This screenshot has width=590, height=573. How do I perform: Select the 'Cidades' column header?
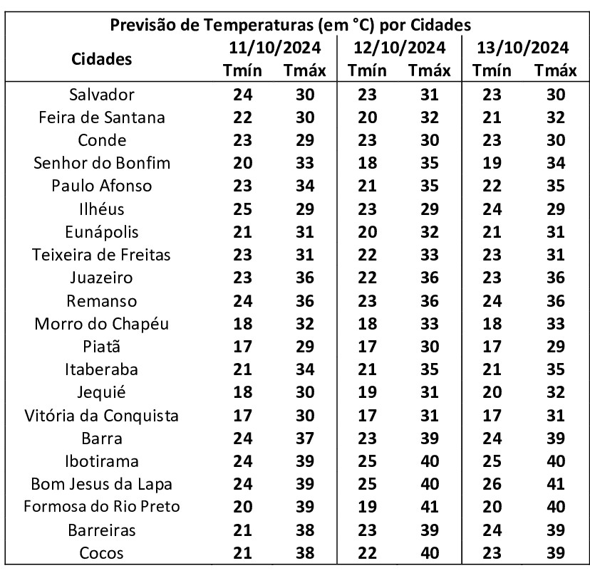point(102,59)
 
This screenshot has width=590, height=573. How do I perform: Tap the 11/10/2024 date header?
point(274,48)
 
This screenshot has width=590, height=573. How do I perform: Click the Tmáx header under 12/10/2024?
point(430,71)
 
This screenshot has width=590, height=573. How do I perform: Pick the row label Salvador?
point(102,95)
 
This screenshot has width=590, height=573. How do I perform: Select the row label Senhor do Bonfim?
point(102,163)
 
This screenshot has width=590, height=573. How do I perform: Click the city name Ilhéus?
point(102,209)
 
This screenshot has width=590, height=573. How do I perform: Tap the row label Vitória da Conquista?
point(102,416)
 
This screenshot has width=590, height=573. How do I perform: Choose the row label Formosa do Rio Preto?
point(102,508)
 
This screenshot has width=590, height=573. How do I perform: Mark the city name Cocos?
point(102,553)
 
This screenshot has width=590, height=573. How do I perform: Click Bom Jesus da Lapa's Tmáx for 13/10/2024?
point(555,485)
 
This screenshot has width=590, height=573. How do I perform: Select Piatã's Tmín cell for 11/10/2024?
point(242,347)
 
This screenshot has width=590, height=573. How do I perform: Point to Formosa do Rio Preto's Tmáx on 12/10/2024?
point(430,508)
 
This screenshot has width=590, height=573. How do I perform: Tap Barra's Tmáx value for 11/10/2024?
point(305,438)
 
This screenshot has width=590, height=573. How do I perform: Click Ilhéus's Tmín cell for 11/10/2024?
point(242,209)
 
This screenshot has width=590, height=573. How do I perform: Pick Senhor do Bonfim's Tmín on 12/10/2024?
point(367,163)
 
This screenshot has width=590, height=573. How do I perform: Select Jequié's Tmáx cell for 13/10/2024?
point(555,393)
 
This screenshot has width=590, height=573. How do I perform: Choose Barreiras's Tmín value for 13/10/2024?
point(492,530)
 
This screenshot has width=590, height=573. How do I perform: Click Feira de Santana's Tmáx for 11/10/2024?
point(305,117)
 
